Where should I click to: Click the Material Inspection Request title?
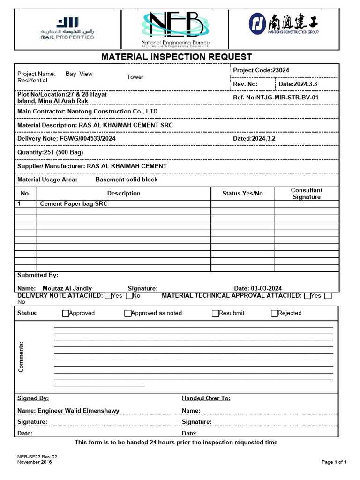pos(177,57)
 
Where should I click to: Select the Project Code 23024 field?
pos(261,70)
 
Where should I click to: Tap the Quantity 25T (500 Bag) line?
pos(50,152)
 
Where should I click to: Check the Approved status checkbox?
pos(66,313)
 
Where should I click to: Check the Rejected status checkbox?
pos(275,313)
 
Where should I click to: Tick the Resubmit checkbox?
pos(215,313)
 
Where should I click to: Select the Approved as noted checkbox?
pos(128,313)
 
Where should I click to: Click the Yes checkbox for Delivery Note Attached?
pos(108,296)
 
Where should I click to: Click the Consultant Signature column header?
pos(307,194)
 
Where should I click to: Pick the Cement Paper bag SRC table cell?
pos(74,204)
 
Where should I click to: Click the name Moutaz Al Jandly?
pos(67,288)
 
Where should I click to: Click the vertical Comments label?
pos(21,357)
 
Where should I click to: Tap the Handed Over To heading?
pos(206,398)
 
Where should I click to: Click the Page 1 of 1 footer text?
pos(334,462)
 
